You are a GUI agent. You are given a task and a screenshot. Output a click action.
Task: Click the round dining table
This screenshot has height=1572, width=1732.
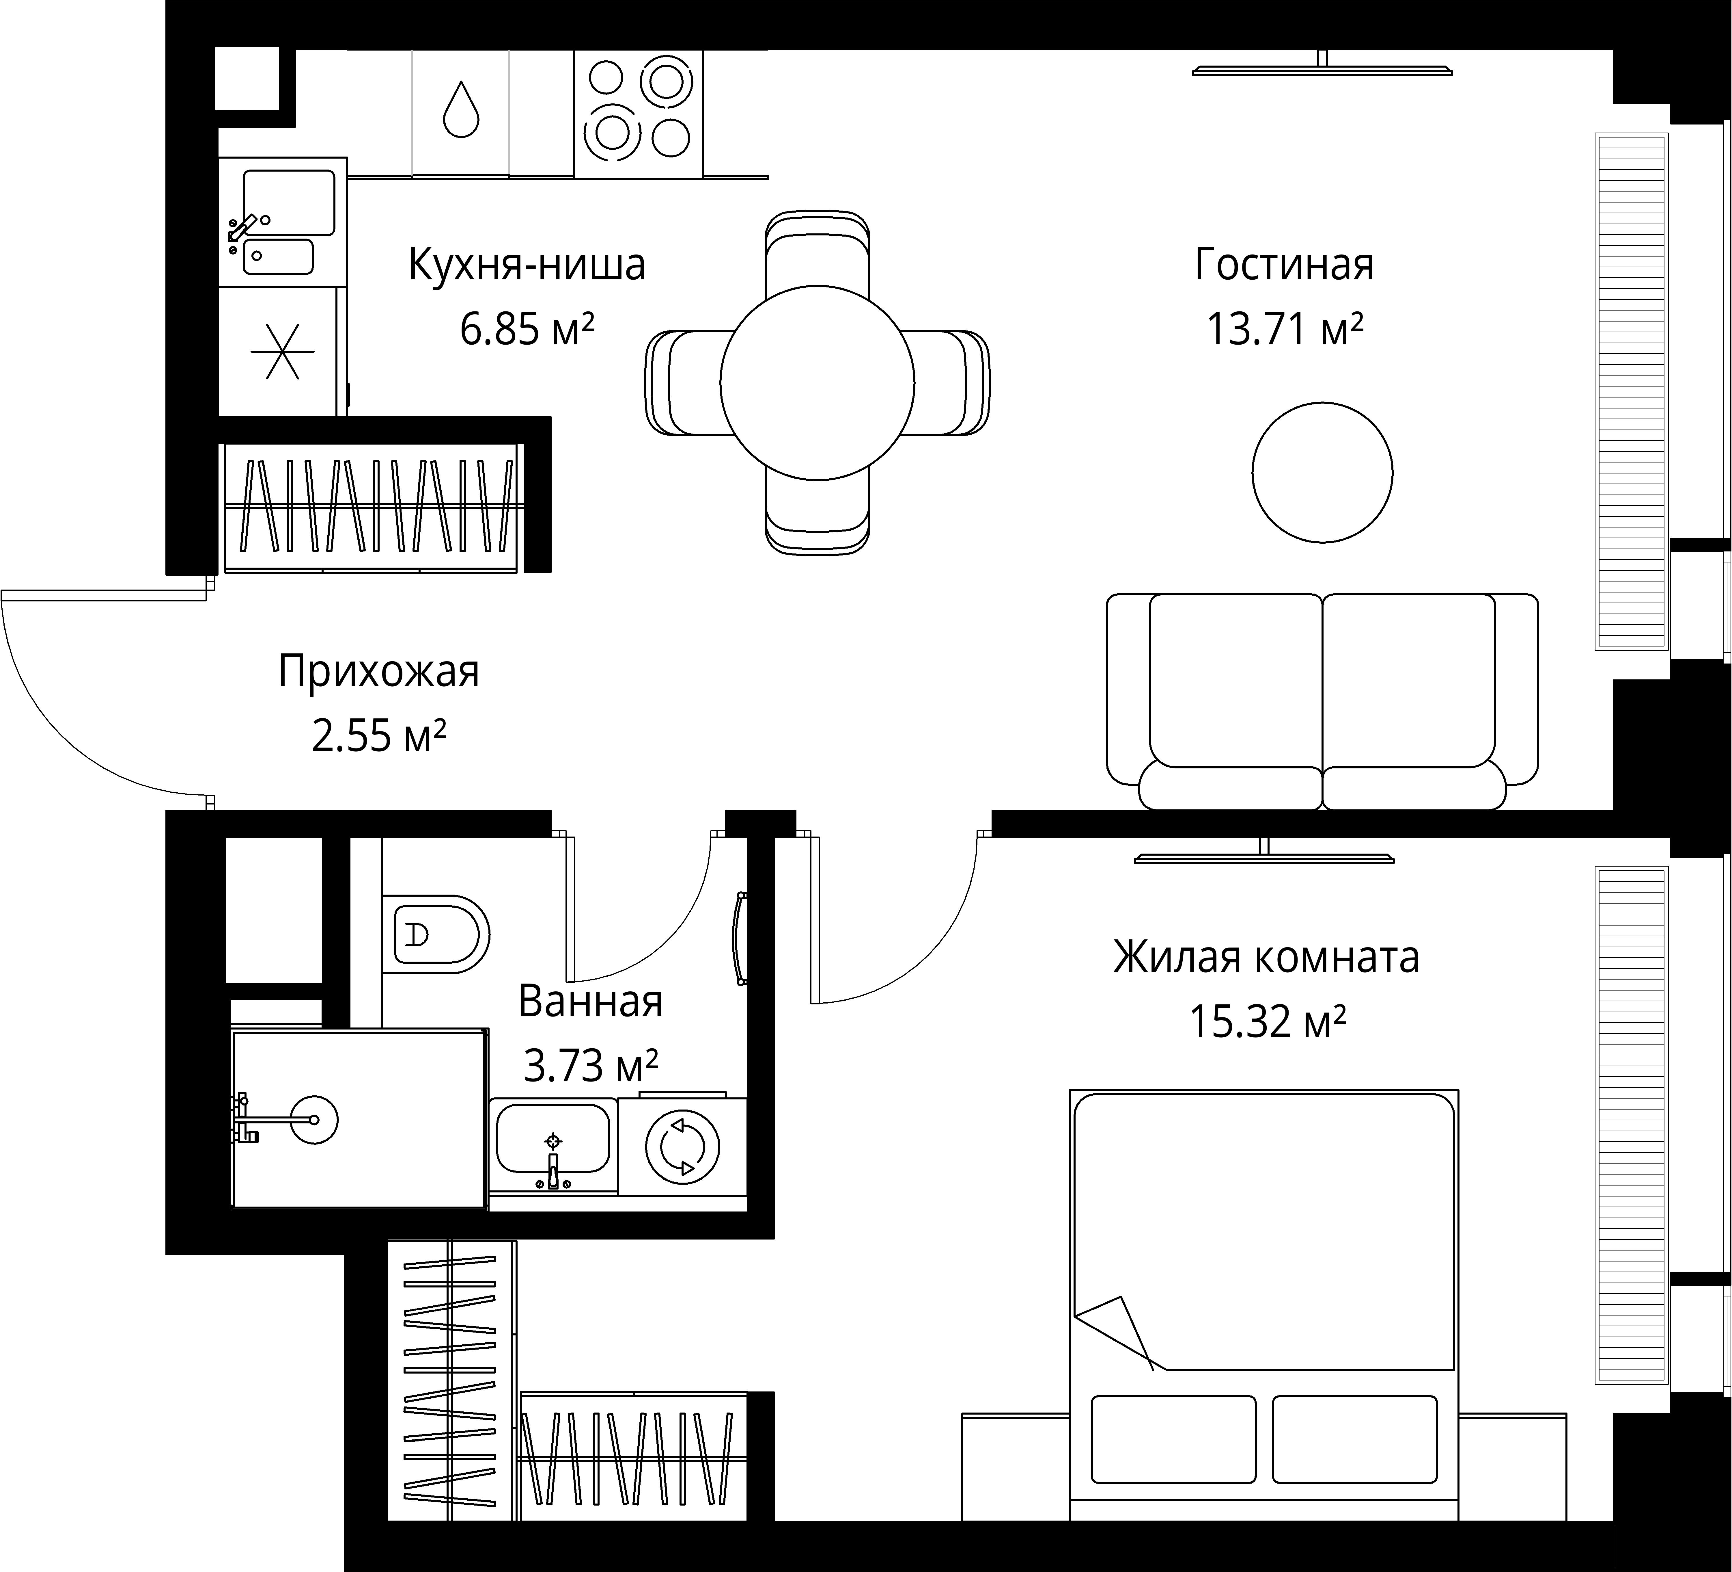(816, 382)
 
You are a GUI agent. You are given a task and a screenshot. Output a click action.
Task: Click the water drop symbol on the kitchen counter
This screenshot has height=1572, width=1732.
(460, 109)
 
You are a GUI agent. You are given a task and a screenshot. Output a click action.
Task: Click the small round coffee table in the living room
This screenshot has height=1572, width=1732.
(1322, 472)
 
